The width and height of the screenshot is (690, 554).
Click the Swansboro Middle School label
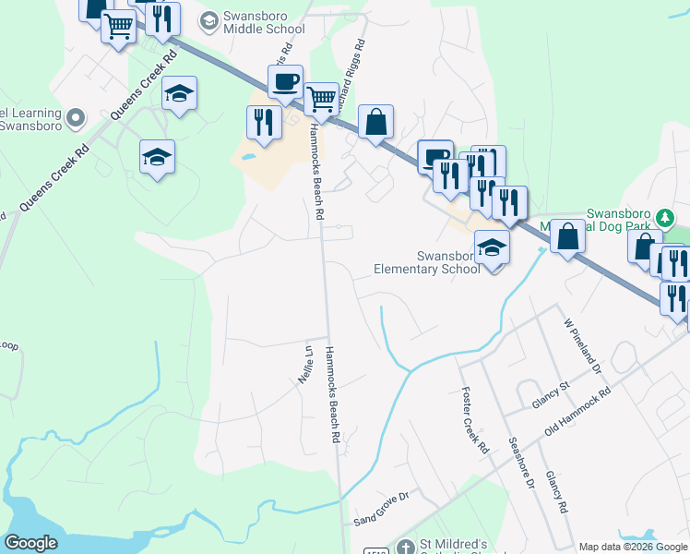click(263, 23)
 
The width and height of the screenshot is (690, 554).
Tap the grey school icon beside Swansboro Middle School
click(209, 19)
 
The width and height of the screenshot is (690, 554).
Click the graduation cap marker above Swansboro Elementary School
click(492, 247)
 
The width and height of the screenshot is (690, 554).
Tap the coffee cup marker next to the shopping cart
click(285, 81)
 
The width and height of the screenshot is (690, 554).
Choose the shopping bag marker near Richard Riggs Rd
click(375, 122)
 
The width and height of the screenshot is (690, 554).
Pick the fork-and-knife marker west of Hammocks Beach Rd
click(264, 122)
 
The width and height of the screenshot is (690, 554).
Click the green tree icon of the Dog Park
click(666, 218)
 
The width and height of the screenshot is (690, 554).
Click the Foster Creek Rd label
click(473, 419)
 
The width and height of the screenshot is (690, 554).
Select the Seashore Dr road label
click(522, 463)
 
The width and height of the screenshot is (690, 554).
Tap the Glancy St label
click(553, 398)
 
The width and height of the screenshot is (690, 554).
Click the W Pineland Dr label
click(582, 346)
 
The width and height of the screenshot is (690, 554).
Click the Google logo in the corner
click(31, 544)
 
